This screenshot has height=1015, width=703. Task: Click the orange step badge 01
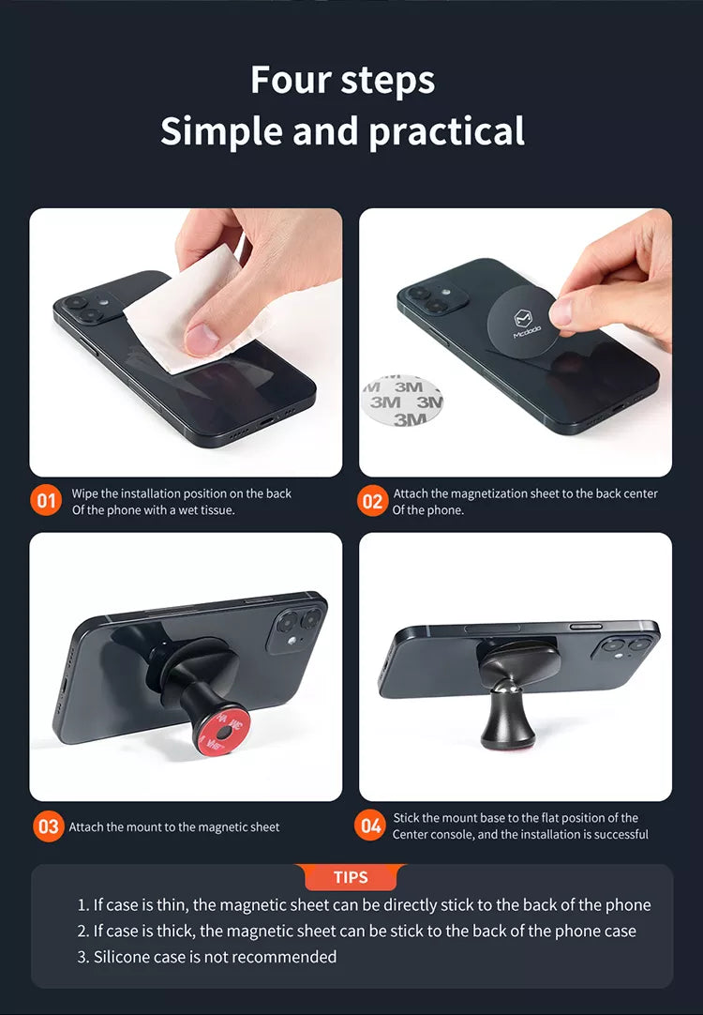point(45,501)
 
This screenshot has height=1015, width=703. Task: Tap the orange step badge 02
point(372,502)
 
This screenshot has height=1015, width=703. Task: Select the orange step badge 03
point(49,826)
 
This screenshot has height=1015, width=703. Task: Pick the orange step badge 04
point(370,826)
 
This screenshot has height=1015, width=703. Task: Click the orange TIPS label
point(351,877)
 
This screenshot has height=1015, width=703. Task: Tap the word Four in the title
point(292,80)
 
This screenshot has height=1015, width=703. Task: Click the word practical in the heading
point(447,132)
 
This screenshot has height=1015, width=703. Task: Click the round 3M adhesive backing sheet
point(402,401)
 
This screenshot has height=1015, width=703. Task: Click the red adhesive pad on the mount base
point(218,733)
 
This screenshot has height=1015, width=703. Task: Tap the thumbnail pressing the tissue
point(202,339)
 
